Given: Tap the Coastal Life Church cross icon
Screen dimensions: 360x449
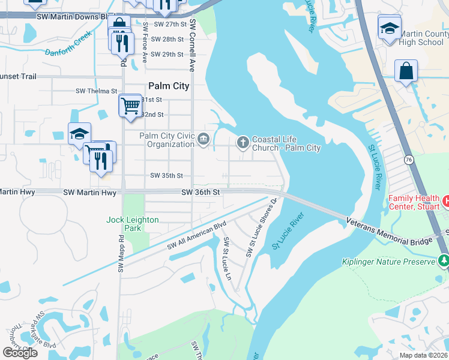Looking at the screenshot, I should (243, 142).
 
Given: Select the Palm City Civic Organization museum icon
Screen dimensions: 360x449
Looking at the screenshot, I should (203, 140).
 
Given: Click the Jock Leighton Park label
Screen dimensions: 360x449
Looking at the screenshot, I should (132, 224).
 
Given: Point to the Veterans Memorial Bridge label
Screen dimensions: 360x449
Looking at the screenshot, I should (389, 232).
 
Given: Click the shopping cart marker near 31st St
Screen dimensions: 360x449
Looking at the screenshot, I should (130, 106).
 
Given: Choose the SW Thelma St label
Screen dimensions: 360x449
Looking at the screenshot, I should (96, 91).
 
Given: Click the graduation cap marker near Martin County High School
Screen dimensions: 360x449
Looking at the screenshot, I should (389, 28).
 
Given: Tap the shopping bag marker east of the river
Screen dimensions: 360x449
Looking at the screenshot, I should (406, 71).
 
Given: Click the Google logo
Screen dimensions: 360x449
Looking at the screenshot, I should (20, 353).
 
